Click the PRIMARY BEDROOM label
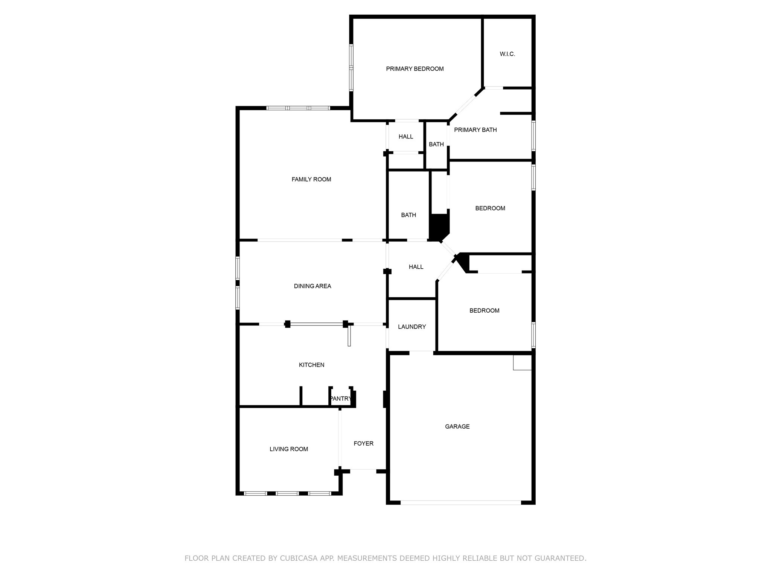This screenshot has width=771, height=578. pyautogui.click(x=415, y=69)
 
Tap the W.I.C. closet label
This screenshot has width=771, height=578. pyautogui.click(x=507, y=54)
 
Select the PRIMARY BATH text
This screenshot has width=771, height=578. pyautogui.click(x=475, y=130)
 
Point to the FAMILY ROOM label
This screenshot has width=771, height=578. pyautogui.click(x=311, y=179)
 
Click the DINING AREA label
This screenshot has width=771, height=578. pyautogui.click(x=312, y=286)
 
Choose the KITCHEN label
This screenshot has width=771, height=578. pyautogui.click(x=311, y=365)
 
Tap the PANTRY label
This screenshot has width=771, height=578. pyautogui.click(x=341, y=399)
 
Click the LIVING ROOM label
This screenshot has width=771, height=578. pyautogui.click(x=289, y=449)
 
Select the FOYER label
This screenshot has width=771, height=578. pyautogui.click(x=363, y=444)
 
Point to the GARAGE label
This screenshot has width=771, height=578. pyautogui.click(x=457, y=426)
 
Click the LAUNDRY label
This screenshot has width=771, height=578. pyautogui.click(x=412, y=327)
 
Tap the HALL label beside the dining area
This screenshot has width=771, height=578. pyautogui.click(x=416, y=267)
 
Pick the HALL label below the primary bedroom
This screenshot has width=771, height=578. pyautogui.click(x=406, y=137)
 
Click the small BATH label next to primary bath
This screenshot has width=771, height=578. pyautogui.click(x=436, y=144)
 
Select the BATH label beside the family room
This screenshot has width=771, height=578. pyautogui.click(x=408, y=215)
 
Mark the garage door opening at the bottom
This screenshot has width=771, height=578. pyautogui.click(x=460, y=502)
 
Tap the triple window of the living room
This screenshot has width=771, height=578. pyautogui.click(x=288, y=493)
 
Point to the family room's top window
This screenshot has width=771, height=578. pyautogui.click(x=298, y=108)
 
